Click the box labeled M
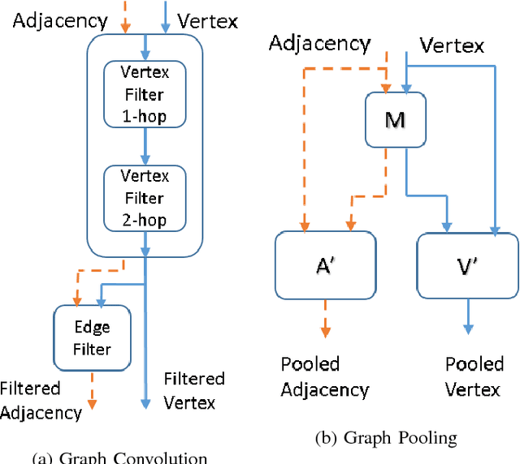(x=395, y=119)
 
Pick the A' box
(x=325, y=264)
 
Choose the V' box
(x=468, y=264)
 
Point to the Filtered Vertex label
(x=194, y=390)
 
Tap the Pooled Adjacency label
(x=324, y=376)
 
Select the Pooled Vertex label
(x=474, y=376)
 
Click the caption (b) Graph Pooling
(x=386, y=438)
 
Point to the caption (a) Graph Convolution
(x=119, y=457)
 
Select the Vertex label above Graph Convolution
(x=207, y=19)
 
